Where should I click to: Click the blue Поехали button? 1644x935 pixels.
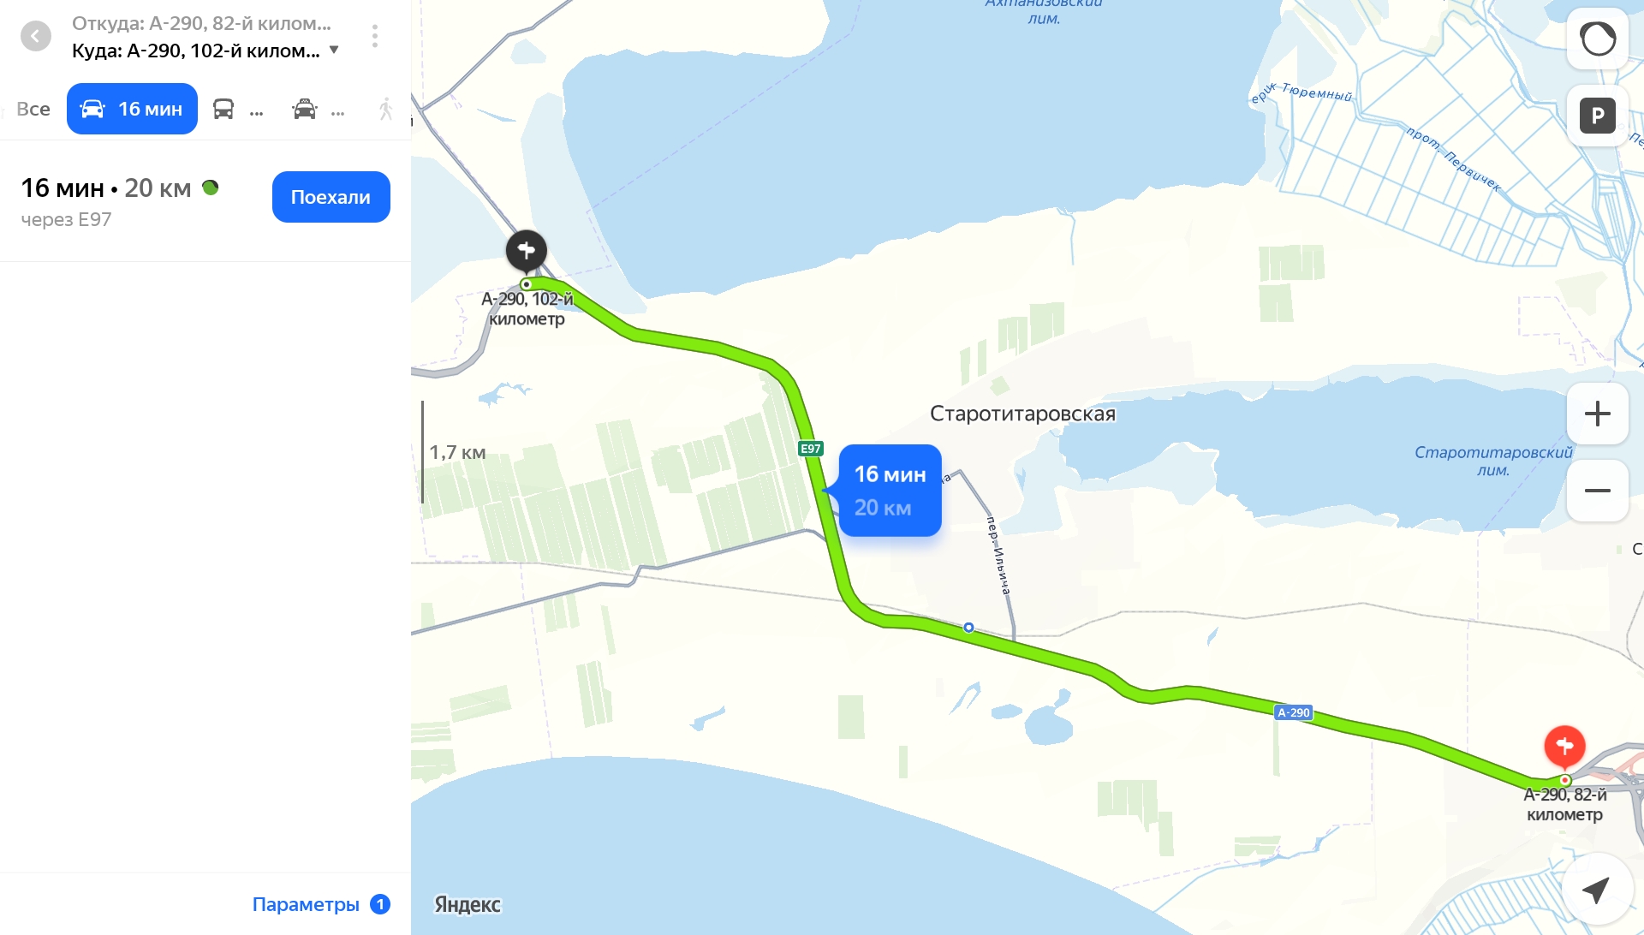click(331, 197)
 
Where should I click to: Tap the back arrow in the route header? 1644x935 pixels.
click(36, 36)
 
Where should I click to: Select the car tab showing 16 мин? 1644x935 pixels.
click(132, 109)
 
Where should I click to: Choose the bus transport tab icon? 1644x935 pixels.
click(223, 109)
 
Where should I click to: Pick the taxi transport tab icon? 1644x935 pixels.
click(305, 109)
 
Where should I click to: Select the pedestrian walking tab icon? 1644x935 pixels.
click(386, 109)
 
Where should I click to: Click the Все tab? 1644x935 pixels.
click(33, 109)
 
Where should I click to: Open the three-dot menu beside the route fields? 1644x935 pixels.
click(375, 36)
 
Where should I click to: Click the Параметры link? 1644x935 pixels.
click(306, 904)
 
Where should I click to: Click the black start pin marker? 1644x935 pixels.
click(526, 250)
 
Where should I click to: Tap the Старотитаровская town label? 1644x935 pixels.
click(1022, 414)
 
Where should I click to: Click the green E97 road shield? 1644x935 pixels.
click(810, 449)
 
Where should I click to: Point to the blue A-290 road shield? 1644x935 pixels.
click(1293, 712)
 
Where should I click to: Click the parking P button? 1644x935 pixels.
click(1597, 116)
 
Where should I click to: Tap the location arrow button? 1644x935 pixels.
click(1595, 890)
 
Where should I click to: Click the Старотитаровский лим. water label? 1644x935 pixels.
click(1492, 461)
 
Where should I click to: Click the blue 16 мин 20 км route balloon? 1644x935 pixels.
click(890, 491)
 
